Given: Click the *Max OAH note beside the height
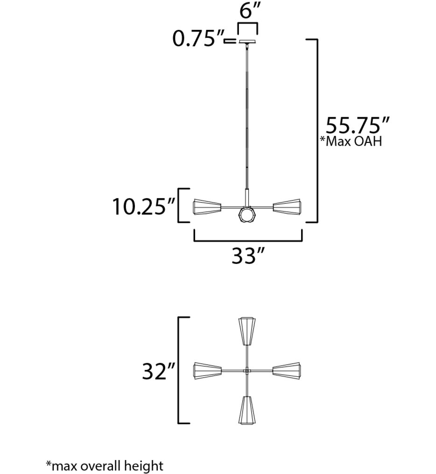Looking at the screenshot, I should [351, 142].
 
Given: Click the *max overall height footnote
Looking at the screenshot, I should [105, 465].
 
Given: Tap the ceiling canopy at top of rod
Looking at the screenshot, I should [248, 42].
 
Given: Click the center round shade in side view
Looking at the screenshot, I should [247, 215].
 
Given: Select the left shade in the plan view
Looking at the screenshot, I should [207, 371].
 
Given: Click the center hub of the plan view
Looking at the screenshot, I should [247, 371].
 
